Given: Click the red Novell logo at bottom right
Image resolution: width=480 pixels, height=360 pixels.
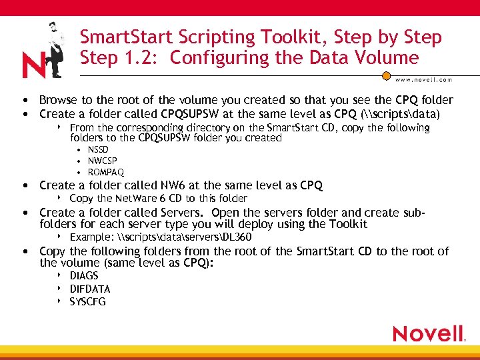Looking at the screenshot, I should click(429, 333).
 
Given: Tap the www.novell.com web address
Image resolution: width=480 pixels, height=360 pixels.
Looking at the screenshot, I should click(424, 79).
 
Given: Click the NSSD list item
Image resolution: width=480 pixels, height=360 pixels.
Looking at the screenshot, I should click(98, 149).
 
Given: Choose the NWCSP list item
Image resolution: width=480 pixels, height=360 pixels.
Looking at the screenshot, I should click(102, 161).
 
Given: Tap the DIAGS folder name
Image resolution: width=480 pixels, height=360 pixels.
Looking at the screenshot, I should click(84, 275).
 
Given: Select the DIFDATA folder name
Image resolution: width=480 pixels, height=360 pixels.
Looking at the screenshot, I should click(90, 289).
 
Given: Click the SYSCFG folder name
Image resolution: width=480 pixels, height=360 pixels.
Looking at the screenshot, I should click(88, 301).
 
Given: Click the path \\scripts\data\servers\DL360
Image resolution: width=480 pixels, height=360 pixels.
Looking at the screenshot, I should click(183, 237).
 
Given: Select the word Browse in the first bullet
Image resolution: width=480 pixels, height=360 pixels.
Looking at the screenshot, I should click(58, 100).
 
